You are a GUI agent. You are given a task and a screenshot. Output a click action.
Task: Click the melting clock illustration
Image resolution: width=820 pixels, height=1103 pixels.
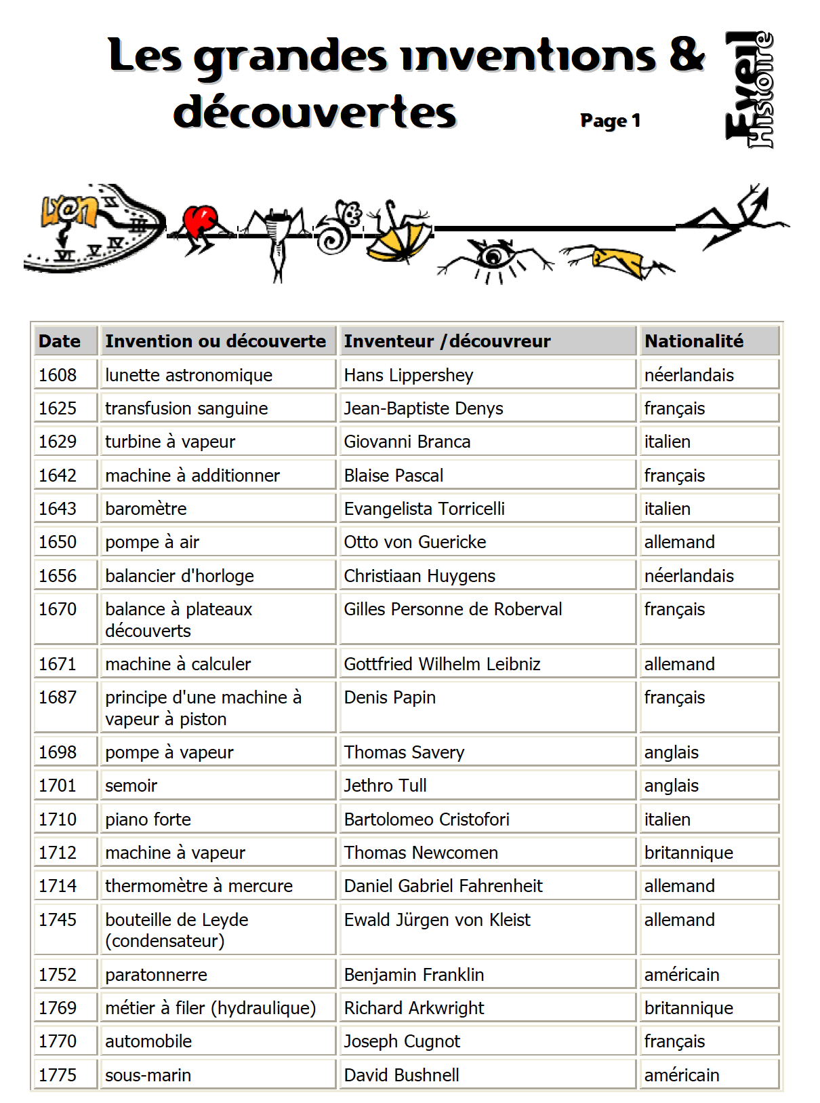coord(95,229)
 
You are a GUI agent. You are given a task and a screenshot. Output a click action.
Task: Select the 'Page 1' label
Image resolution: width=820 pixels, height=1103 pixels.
coord(610,121)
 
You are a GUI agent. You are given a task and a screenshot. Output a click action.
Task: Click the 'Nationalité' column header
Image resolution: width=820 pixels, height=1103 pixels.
coord(693,341)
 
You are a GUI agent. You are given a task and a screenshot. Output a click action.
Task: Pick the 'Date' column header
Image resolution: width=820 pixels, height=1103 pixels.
coord(60,341)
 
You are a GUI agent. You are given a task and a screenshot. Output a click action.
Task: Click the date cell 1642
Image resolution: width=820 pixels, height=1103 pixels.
coord(58,476)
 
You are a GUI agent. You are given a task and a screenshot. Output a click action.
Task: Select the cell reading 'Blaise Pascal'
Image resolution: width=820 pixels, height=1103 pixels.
coord(394,476)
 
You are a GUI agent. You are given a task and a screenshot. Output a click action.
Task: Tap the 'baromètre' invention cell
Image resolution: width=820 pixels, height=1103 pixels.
coord(146,509)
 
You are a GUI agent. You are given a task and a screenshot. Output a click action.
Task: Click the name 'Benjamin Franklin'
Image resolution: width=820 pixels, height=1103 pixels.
coord(414,975)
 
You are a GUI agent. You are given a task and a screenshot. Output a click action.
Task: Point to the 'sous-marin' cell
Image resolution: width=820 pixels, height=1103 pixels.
coord(148,1075)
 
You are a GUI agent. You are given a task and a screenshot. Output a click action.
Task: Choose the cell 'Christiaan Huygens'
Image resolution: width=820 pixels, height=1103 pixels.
coord(419,576)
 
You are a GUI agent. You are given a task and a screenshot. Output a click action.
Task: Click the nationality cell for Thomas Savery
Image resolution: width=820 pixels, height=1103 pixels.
coord(672,752)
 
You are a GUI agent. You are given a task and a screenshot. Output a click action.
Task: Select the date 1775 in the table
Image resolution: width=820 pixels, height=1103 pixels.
coord(58,1075)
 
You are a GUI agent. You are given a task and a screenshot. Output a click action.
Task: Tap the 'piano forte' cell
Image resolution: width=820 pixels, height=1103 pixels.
coord(148,819)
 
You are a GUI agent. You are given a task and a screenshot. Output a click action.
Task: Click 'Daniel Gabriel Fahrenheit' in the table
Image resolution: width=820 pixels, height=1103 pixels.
coord(443,886)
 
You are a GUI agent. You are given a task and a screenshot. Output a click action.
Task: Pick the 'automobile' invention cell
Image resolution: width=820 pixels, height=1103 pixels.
coord(148,1041)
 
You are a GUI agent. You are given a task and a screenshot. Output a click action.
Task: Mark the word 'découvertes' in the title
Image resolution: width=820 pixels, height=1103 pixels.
coord(315,112)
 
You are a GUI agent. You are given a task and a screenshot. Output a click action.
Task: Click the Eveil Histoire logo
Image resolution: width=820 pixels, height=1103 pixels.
coord(749,90)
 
